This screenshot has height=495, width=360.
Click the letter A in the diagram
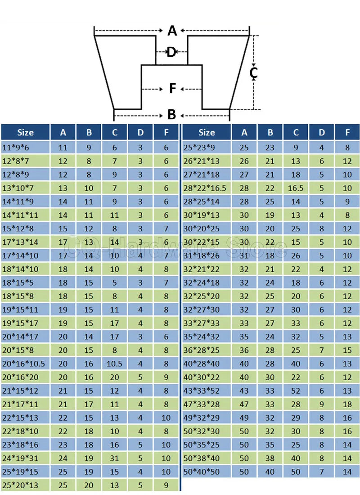pyautogui.click(x=172, y=31)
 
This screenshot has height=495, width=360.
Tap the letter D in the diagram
pyautogui.click(x=171, y=52)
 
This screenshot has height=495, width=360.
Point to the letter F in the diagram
pyautogui.click(x=172, y=89)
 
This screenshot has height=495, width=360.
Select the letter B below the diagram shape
pyautogui.click(x=171, y=114)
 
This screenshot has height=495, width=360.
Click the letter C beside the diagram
pyautogui.click(x=253, y=72)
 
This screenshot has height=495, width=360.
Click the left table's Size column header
pyautogui.click(x=25, y=133)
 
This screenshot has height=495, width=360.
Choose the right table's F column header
pyautogui.click(x=347, y=133)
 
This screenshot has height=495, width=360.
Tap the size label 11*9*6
pyautogui.click(x=15, y=148)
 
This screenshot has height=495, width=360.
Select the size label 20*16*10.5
pyautogui.click(x=23, y=364)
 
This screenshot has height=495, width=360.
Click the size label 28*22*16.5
pyautogui.click(x=205, y=188)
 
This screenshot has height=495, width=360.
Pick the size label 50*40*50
pyautogui.click(x=202, y=472)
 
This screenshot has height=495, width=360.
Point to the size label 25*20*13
pyautogui.click(x=20, y=485)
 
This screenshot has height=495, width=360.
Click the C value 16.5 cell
pyautogui.click(x=296, y=188)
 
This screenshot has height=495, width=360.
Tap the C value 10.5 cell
pyautogui.click(x=114, y=364)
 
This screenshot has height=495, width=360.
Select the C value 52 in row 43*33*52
pyautogui.click(x=296, y=391)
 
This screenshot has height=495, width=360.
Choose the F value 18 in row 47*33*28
pyautogui.click(x=347, y=405)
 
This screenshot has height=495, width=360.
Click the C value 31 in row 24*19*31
pyautogui.click(x=114, y=459)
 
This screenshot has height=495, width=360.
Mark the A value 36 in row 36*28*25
pyautogui.click(x=244, y=351)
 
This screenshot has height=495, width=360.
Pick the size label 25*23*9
pyautogui.click(x=199, y=148)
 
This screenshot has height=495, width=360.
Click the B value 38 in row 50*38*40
pyautogui.click(x=270, y=459)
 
